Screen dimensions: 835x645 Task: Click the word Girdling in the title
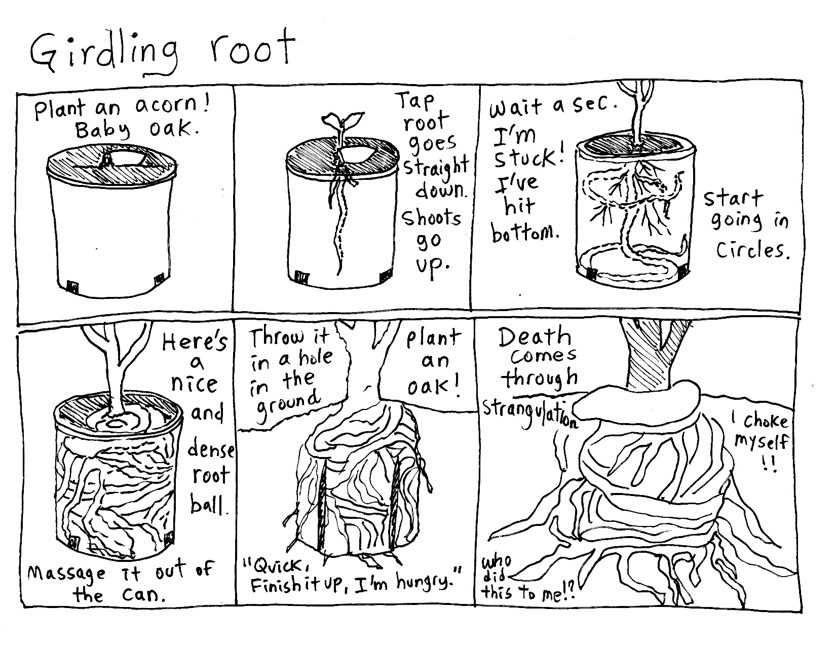point(104,54)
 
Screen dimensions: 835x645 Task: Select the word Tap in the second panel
point(416,101)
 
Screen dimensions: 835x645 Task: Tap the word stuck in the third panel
point(527,158)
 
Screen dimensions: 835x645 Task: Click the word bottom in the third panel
point(524,232)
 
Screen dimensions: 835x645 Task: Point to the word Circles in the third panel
point(752,250)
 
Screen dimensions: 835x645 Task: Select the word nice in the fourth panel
point(195,384)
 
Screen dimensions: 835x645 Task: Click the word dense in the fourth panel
point(211,449)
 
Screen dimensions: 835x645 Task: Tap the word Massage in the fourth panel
point(66,573)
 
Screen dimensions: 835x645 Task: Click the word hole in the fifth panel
point(316,357)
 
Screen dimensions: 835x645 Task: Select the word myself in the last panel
point(761,442)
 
